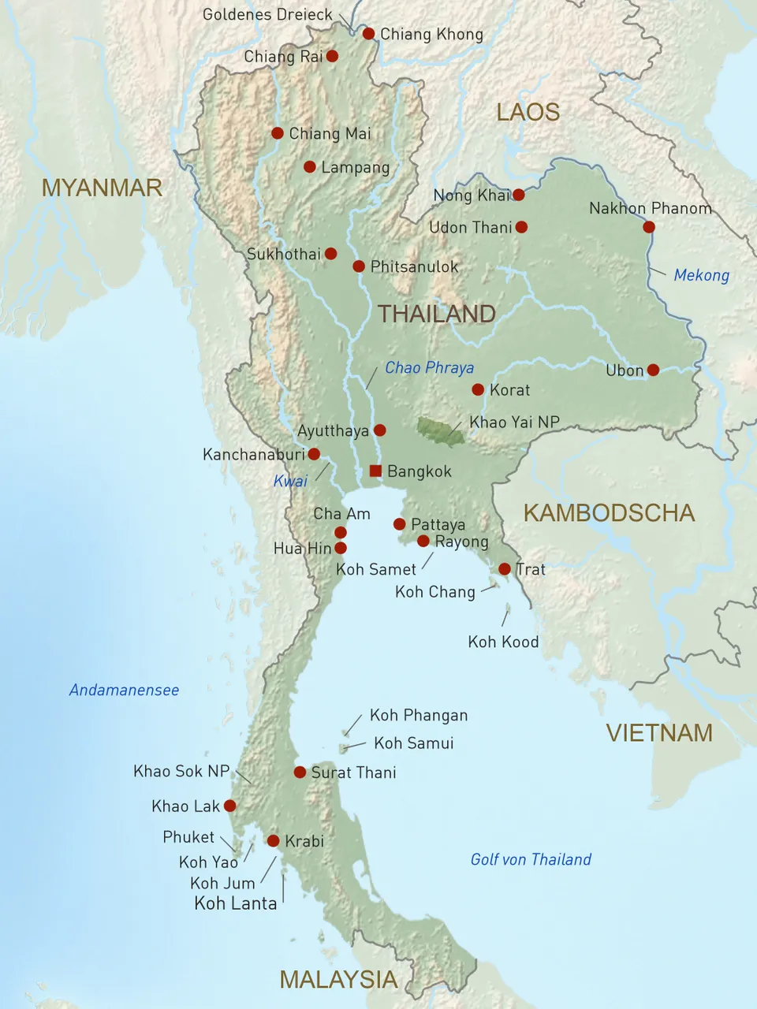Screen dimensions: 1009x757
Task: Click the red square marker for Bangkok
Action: tap(375, 471)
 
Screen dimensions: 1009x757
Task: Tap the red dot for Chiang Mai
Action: tap(278, 133)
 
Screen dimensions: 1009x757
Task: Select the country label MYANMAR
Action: tap(102, 188)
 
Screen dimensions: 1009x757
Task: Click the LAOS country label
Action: tap(528, 113)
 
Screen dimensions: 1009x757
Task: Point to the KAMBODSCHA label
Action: tap(609, 513)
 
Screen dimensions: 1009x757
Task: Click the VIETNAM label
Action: tap(659, 733)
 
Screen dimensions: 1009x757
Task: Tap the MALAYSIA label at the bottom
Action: tap(338, 980)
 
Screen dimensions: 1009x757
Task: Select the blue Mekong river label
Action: tap(701, 275)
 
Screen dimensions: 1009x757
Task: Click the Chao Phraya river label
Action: tap(429, 368)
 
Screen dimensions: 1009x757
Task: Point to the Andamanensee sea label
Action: tap(124, 691)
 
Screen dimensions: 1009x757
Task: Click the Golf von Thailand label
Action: tap(531, 860)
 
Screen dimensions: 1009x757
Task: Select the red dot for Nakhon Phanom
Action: tap(648, 227)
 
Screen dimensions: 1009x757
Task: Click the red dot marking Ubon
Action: tap(653, 370)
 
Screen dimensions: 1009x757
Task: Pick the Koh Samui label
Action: tap(413, 743)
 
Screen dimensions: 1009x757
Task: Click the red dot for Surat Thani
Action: tap(300, 773)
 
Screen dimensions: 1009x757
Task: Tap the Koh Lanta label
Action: tap(236, 904)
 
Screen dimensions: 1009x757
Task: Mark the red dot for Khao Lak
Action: tap(229, 806)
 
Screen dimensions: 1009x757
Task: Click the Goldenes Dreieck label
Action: tap(268, 15)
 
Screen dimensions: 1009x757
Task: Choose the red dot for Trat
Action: tap(505, 569)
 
